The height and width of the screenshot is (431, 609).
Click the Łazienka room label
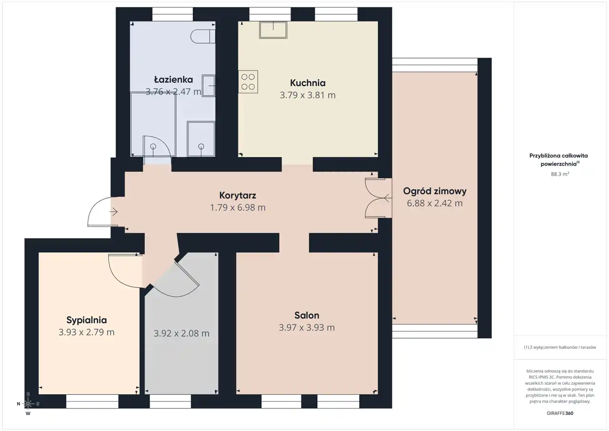[x=174, y=80]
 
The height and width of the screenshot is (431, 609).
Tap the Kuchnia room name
[x=307, y=83]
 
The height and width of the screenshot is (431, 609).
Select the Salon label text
[x=307, y=315]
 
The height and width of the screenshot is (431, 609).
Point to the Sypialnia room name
[x=87, y=320]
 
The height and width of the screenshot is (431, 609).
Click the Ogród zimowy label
[x=434, y=191]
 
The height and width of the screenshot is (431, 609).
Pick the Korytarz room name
[x=237, y=195]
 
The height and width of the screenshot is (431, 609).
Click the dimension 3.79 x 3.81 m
[x=307, y=95]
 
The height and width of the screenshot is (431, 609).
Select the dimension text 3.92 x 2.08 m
[x=181, y=333]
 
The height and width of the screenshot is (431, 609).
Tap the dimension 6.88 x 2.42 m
[x=434, y=203]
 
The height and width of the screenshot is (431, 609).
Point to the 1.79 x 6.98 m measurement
[x=237, y=208]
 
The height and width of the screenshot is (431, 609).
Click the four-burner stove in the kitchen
[x=248, y=82]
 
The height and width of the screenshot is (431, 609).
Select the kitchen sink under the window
[x=273, y=30]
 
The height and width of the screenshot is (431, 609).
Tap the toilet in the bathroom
[x=203, y=37]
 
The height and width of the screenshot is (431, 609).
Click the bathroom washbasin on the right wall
[x=208, y=86]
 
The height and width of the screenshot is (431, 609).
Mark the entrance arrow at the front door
[x=114, y=212]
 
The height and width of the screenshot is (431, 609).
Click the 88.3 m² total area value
[x=560, y=174]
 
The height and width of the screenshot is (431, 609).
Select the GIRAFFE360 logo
[x=560, y=413]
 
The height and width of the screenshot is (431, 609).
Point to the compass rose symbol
[x=28, y=403]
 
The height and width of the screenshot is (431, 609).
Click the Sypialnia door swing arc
[x=121, y=275]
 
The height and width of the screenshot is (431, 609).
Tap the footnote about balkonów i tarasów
[x=560, y=347]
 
